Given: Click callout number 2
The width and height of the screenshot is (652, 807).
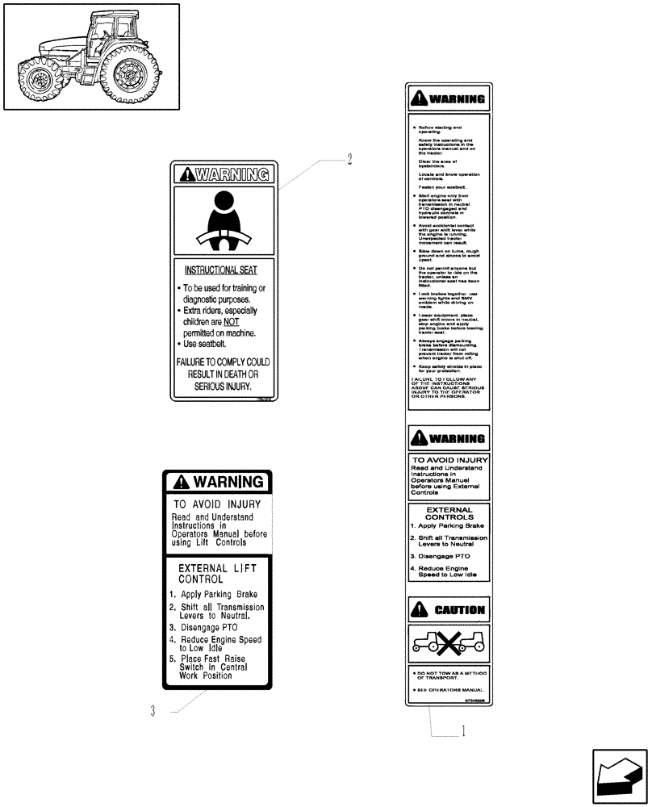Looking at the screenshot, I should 349,160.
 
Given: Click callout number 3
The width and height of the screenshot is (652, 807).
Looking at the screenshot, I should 152,711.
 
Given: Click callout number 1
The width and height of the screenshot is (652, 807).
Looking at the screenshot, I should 462,733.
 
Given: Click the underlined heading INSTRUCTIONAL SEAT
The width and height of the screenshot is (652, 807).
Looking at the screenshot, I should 221,270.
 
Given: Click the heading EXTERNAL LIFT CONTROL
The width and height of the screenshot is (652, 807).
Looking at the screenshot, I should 217,574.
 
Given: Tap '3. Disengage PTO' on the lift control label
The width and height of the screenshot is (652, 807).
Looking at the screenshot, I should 202,626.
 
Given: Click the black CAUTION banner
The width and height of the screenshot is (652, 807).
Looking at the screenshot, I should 449,610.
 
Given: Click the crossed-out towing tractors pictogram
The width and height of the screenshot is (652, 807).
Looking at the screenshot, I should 449,645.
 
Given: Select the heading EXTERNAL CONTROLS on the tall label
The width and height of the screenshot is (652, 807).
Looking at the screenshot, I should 449,514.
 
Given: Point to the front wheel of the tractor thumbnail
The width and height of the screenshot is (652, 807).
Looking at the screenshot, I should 39,82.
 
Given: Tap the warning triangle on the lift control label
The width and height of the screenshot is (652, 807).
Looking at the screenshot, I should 181,483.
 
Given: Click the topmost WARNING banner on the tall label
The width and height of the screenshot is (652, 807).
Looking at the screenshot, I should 449,100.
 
